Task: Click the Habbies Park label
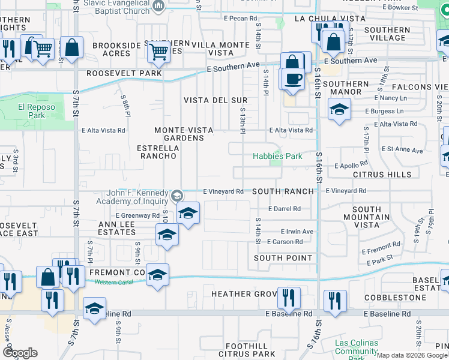tap(276, 156)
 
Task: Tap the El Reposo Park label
tap(32, 110)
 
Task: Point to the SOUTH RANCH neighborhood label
tap(283, 191)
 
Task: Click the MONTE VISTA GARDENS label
tap(179, 134)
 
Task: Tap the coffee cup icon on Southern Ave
tap(293, 79)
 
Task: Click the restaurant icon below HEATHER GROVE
tap(289, 297)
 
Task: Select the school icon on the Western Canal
tap(157, 274)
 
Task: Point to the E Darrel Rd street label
tap(285, 209)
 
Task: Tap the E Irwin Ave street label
tap(297, 232)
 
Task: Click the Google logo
tap(20, 352)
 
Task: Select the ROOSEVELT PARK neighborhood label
tap(124, 73)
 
